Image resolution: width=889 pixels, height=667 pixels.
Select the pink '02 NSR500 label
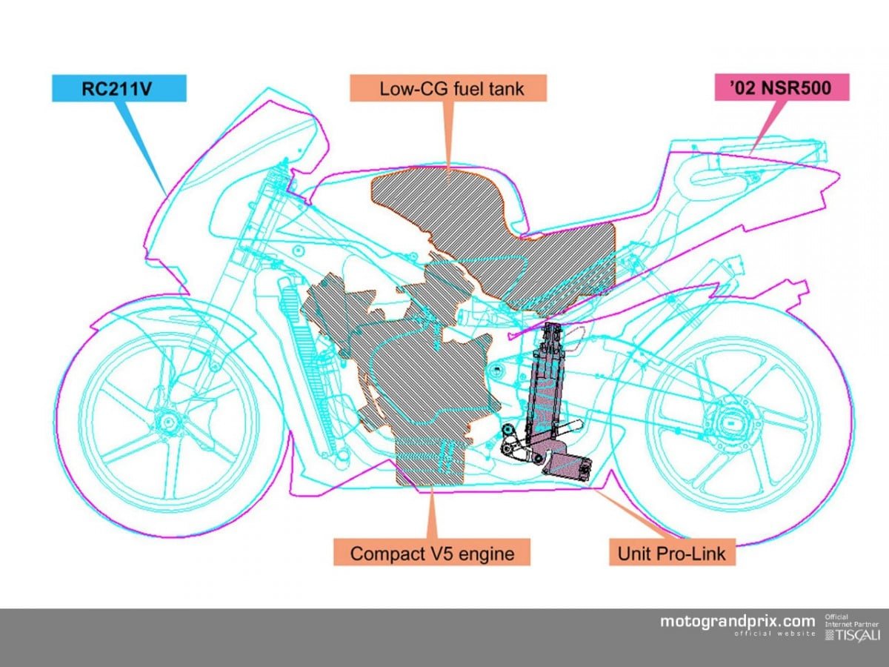point(780,88)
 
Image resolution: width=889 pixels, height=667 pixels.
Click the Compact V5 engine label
point(431,552)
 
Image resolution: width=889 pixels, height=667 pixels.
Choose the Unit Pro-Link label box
point(672,552)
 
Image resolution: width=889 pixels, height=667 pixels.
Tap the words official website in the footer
point(774,634)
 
